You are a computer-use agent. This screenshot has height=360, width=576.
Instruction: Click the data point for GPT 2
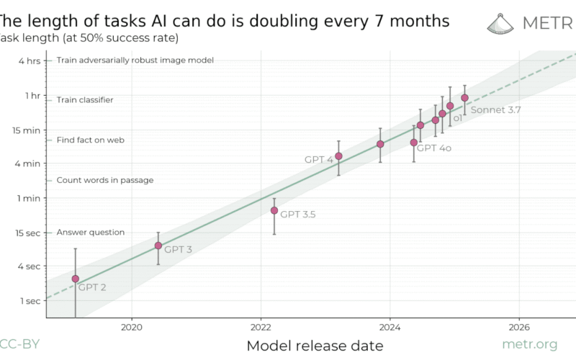pyautogui.click(x=75, y=279)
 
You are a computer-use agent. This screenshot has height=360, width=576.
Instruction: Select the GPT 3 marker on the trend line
pyautogui.click(x=158, y=246)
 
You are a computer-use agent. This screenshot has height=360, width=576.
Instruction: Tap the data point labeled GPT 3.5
pyautogui.click(x=274, y=210)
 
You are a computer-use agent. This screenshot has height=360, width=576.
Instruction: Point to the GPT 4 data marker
pyautogui.click(x=338, y=156)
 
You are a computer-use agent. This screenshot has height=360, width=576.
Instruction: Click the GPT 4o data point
pyautogui.click(x=413, y=143)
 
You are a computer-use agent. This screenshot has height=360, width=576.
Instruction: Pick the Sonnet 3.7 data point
pyautogui.click(x=464, y=97)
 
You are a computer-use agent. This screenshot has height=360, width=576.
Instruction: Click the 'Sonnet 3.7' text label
pyautogui.click(x=495, y=110)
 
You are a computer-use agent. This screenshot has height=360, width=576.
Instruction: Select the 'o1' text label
pyautogui.click(x=456, y=117)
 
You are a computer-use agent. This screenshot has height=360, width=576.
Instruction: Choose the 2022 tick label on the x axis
pyautogui.click(x=261, y=325)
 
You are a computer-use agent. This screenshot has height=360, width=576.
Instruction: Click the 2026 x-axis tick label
pyautogui.click(x=519, y=325)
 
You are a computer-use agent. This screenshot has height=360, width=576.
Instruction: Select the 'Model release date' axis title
pyautogui.click(x=315, y=346)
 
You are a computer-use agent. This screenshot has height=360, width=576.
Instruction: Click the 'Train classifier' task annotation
pyautogui.click(x=85, y=100)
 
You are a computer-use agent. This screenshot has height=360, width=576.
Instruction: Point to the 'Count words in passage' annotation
pyautogui.click(x=105, y=180)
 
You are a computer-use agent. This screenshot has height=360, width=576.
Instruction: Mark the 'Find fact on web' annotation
pyautogui.click(x=91, y=140)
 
